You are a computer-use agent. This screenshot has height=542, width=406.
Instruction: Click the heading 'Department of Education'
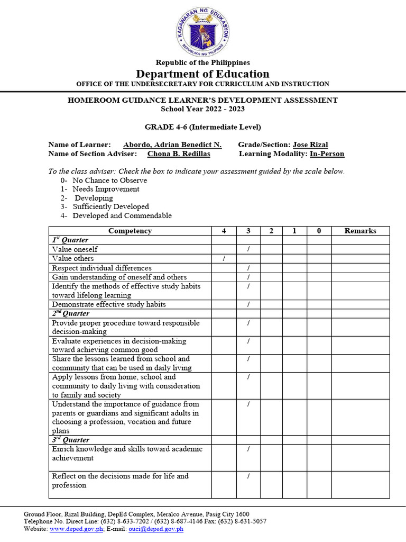pyautogui.click(x=202, y=74)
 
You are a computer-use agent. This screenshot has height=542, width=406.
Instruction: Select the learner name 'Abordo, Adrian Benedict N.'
pyautogui.click(x=172, y=144)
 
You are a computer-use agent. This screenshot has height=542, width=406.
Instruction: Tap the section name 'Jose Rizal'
pyautogui.click(x=310, y=144)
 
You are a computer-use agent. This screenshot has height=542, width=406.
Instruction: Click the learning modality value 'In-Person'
pyautogui.click(x=327, y=153)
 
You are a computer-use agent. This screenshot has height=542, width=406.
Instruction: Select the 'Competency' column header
pyautogui.click(x=130, y=231)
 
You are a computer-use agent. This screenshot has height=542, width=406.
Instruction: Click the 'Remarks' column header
pyautogui.click(x=360, y=231)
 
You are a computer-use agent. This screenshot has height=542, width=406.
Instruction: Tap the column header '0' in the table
pyautogui.click(x=319, y=231)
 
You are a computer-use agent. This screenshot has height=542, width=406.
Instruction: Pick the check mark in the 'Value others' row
pyautogui.click(x=224, y=258)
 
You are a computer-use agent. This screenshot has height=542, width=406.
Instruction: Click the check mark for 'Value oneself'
pyautogui.click(x=248, y=249)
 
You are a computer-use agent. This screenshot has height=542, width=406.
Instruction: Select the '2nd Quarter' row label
pyautogui.click(x=71, y=313)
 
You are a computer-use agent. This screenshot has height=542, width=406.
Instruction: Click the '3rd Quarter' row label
pyautogui.click(x=71, y=440)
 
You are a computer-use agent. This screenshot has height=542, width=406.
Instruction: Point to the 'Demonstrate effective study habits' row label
pyautogui.click(x=109, y=304)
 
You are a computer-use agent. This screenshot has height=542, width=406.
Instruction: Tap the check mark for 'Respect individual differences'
pyautogui.click(x=248, y=268)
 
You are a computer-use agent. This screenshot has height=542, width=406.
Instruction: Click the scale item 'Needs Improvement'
pyautogui.click(x=106, y=189)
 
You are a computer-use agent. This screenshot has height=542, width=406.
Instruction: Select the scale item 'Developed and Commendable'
pyautogui.click(x=122, y=215)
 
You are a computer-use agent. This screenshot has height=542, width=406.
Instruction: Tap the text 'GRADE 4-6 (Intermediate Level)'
pyautogui.click(x=202, y=127)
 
